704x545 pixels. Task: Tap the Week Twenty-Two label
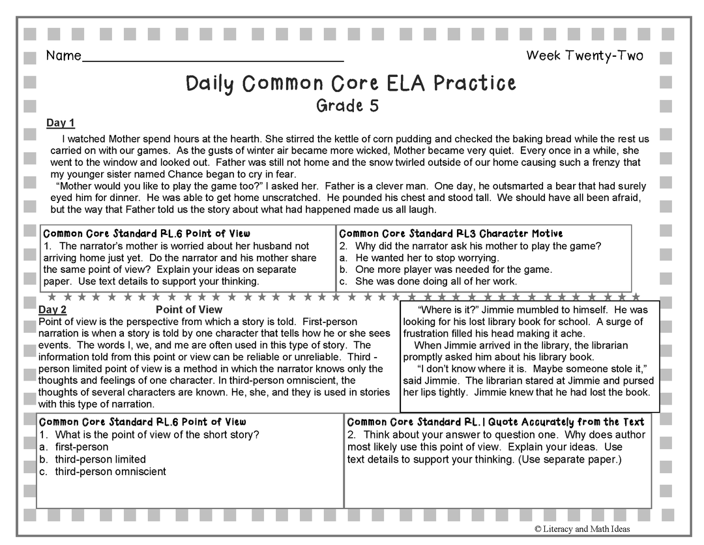point(584,55)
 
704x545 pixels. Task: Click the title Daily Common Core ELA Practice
point(351,84)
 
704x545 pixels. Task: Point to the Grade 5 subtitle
point(347,105)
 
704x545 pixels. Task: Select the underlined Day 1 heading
point(61,123)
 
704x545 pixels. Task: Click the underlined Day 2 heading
point(53,309)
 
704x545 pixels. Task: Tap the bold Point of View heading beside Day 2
point(189,309)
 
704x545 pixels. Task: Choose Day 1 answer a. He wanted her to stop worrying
point(436,258)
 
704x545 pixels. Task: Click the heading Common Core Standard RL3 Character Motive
point(451,233)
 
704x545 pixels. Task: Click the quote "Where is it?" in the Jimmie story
point(445,310)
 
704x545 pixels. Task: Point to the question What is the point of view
point(157,435)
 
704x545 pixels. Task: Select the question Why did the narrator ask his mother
point(478,246)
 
